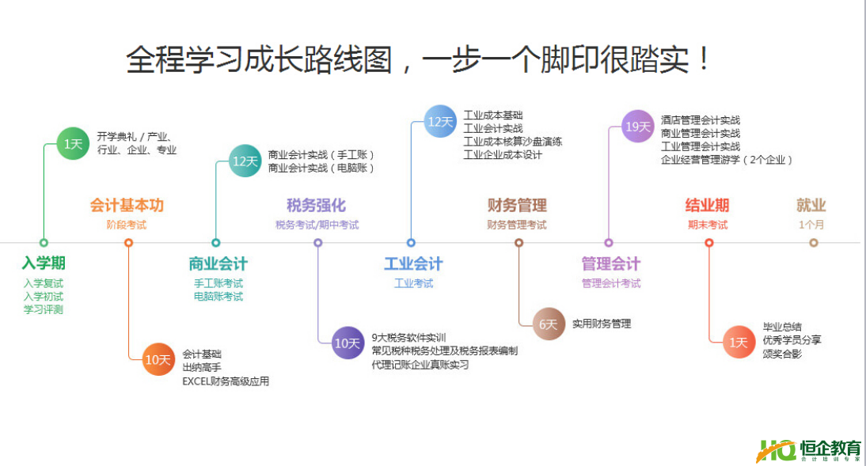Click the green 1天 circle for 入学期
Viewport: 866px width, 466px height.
[x=73, y=143]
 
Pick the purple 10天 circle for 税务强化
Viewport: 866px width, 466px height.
[x=348, y=343]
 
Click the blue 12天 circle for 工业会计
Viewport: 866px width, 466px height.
[x=440, y=122]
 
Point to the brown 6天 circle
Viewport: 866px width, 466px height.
[x=549, y=324]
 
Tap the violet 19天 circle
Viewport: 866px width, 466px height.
[x=637, y=126]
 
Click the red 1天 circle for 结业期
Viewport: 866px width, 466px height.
[x=739, y=342]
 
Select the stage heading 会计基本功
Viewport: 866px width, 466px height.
[x=127, y=206]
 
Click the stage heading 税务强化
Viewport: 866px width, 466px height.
[x=317, y=206]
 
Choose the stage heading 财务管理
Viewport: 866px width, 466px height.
[x=517, y=206]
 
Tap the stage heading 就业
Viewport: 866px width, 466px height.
[x=811, y=206]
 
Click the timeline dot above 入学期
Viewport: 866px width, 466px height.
[x=44, y=243]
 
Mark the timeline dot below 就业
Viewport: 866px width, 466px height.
[x=813, y=243]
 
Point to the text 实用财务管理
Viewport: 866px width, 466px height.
[x=602, y=324]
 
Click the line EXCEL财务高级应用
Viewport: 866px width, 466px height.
[x=226, y=381]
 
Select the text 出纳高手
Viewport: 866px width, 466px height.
[x=202, y=368]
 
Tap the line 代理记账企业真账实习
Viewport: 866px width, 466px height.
[x=420, y=365]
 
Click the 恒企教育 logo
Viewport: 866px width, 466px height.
[x=808, y=449]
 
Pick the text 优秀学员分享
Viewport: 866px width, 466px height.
[x=792, y=339]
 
